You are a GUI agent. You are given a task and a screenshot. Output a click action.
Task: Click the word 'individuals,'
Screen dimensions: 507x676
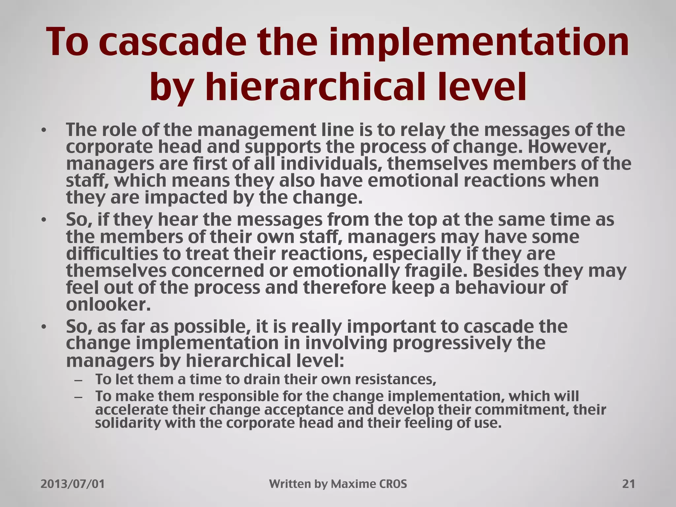tap(331, 164)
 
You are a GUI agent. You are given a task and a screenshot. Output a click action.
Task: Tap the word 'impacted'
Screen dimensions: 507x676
tap(186, 197)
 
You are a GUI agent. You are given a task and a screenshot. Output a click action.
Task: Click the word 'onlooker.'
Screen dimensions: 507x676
tap(108, 304)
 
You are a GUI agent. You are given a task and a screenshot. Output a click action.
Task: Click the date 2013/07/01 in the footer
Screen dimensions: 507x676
tap(73, 484)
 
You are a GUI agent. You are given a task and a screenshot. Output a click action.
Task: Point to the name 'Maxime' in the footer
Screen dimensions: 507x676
tap(352, 484)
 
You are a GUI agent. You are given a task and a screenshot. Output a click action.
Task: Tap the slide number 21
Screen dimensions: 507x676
tap(628, 484)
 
